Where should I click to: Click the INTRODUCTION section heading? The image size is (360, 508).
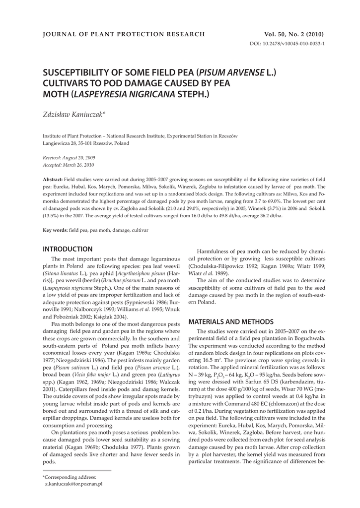[68, 249]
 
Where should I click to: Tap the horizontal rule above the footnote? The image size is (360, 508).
[77, 470]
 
